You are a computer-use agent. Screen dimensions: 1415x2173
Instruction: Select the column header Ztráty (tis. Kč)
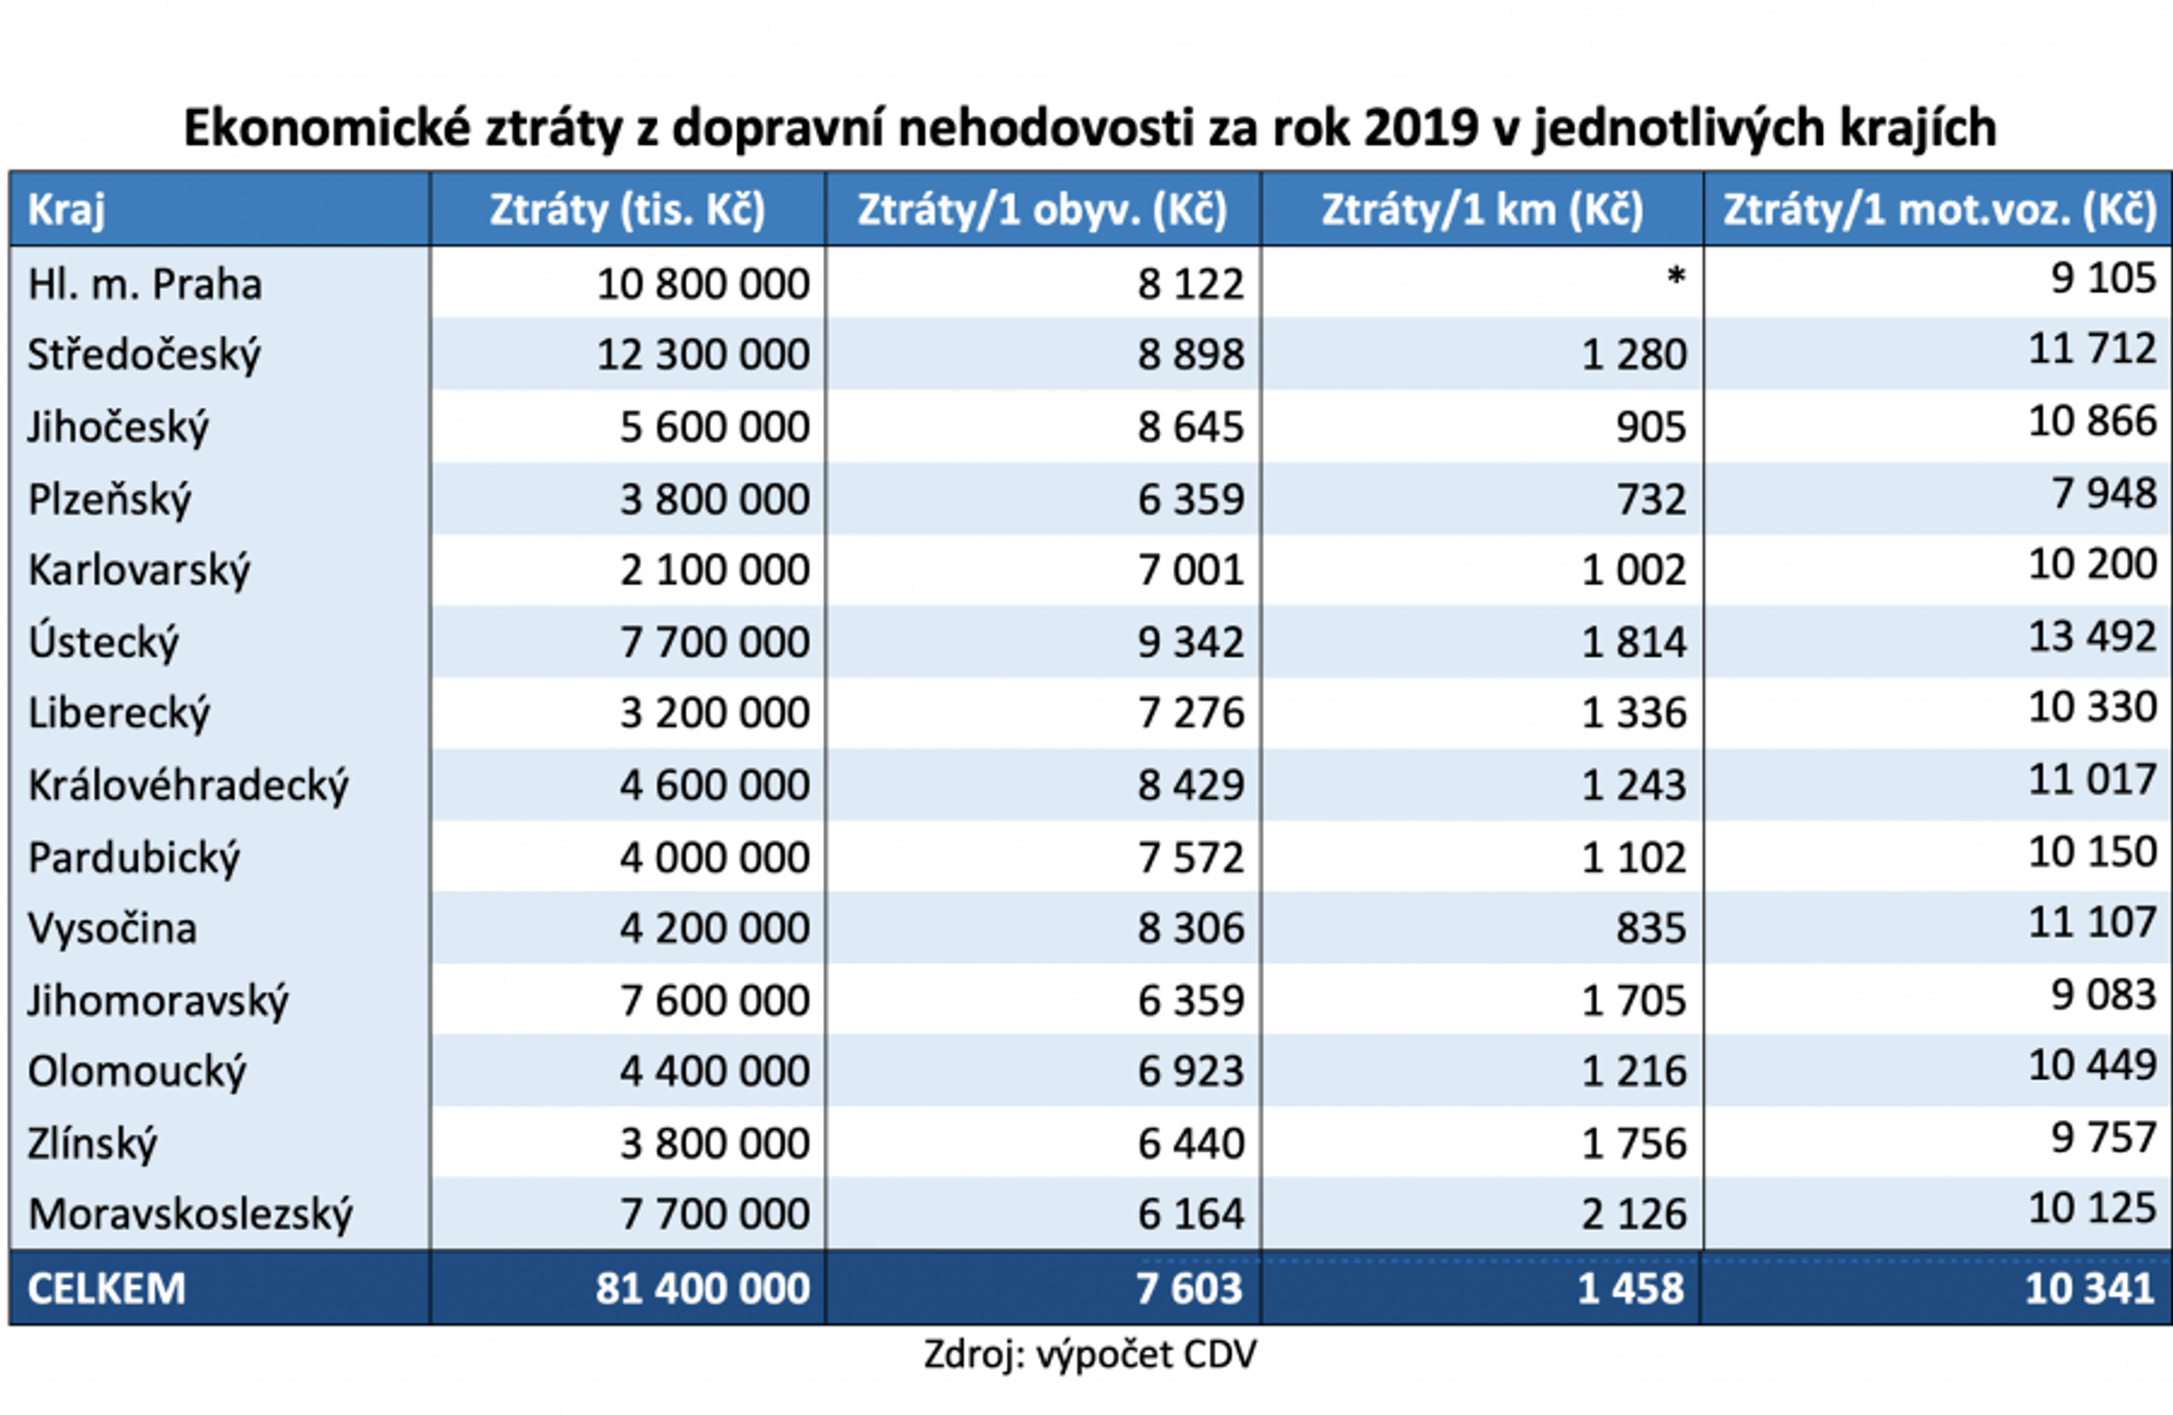pyautogui.click(x=627, y=210)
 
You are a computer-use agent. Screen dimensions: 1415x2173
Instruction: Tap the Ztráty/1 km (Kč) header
pyautogui.click(x=1482, y=210)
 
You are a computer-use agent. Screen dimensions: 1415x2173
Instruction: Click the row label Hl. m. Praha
pyautogui.click(x=145, y=284)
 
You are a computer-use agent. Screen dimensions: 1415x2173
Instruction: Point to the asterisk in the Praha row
pyautogui.click(x=1675, y=277)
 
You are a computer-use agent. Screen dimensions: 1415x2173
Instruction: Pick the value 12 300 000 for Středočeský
pyautogui.click(x=703, y=354)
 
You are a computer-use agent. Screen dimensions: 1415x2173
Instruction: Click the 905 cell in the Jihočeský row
pyautogui.click(x=1651, y=426)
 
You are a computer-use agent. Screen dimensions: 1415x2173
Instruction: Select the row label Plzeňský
pyautogui.click(x=110, y=500)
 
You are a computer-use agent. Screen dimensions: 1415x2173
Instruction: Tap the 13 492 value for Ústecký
pyautogui.click(x=2092, y=636)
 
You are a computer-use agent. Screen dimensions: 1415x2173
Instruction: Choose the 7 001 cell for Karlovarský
pyautogui.click(x=1191, y=570)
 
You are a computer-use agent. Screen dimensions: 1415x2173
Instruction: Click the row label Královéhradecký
pyautogui.click(x=188, y=785)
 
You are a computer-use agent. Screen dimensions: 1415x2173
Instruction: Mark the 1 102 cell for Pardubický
pyautogui.click(x=1633, y=857)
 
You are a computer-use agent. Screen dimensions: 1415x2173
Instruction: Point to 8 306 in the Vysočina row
pyautogui.click(x=1191, y=929)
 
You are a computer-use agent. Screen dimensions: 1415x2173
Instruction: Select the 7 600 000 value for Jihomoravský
pyautogui.click(x=715, y=1000)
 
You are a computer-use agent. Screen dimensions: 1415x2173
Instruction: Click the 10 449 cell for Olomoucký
pyautogui.click(x=2092, y=1066)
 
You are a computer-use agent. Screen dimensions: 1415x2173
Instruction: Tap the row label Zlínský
pyautogui.click(x=92, y=1144)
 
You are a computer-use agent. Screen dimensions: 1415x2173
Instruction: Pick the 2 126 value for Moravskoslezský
pyautogui.click(x=1633, y=1214)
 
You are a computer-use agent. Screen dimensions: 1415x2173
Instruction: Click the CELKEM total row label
pyautogui.click(x=107, y=1288)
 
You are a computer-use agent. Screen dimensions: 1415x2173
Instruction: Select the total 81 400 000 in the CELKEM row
pyautogui.click(x=703, y=1288)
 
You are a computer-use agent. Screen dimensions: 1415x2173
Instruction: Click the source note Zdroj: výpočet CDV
pyautogui.click(x=1090, y=1354)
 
